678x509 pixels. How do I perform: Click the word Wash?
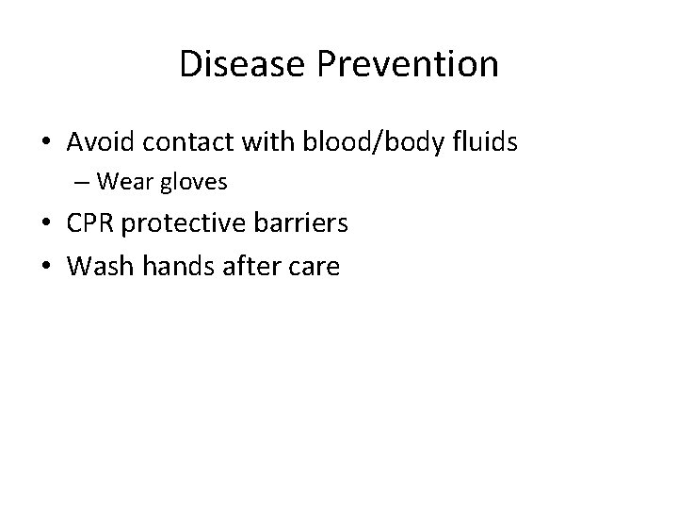(97, 267)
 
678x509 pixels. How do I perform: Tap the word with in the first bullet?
(244, 142)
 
